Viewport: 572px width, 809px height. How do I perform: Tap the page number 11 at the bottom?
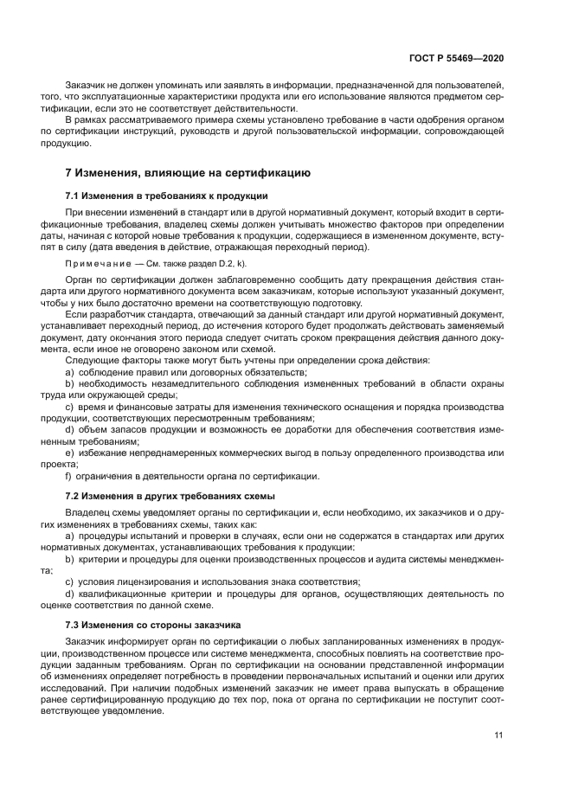click(498, 735)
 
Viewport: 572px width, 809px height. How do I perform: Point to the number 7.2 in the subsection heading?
click(74, 496)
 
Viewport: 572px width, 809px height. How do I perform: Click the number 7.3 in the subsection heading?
click(74, 624)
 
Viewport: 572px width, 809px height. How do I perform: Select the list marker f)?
click(69, 476)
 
